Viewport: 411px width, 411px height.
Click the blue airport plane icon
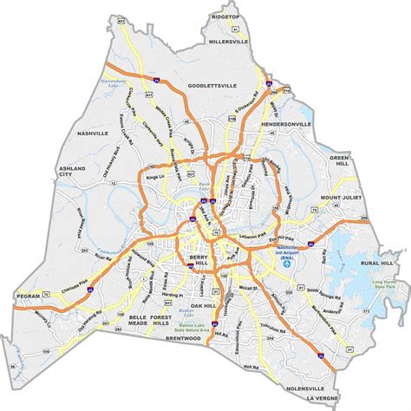click(287, 266)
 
